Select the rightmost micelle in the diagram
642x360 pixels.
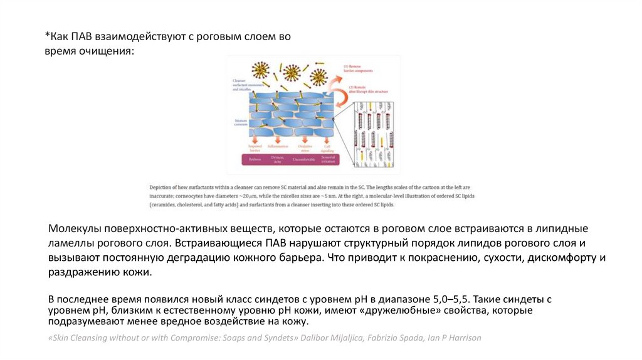click(318, 77)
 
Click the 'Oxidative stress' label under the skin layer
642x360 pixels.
click(305, 149)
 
